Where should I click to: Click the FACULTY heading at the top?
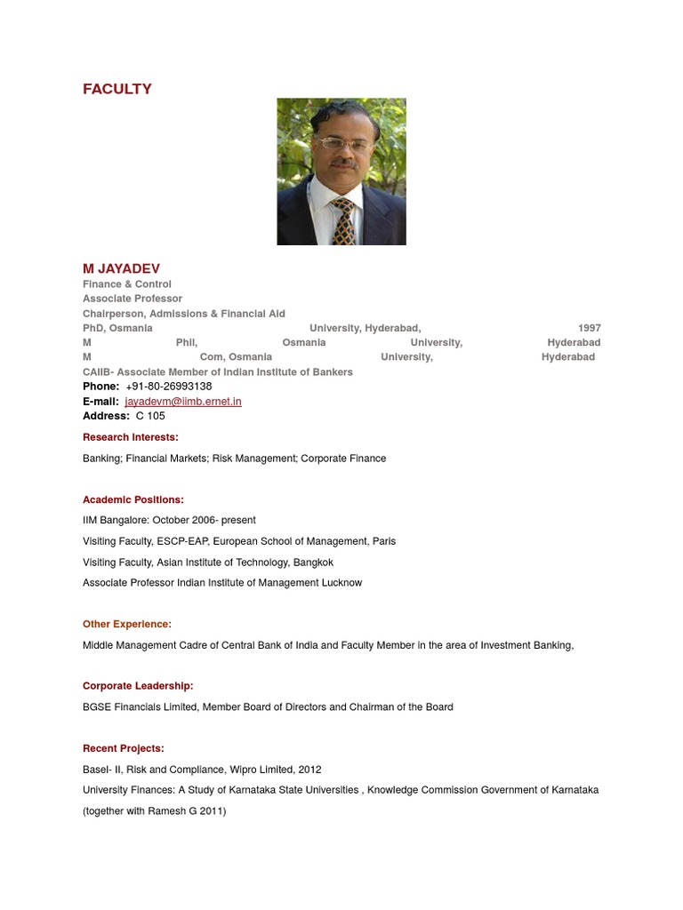(117, 89)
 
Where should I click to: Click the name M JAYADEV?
(121, 268)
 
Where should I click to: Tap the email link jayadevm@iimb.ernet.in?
(183, 402)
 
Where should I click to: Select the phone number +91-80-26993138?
(169, 387)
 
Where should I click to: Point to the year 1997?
(589, 328)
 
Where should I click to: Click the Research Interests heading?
(130, 437)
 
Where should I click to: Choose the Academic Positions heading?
(133, 500)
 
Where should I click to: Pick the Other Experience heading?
(127, 625)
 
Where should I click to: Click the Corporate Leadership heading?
(138, 686)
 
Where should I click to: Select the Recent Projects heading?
(124, 749)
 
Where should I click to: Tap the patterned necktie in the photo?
(342, 220)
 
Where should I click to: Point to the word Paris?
(384, 541)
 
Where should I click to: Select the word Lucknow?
(341, 583)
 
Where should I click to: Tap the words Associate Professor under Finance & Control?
(133, 299)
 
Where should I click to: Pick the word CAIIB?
(97, 372)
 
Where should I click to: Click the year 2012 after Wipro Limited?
(309, 770)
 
